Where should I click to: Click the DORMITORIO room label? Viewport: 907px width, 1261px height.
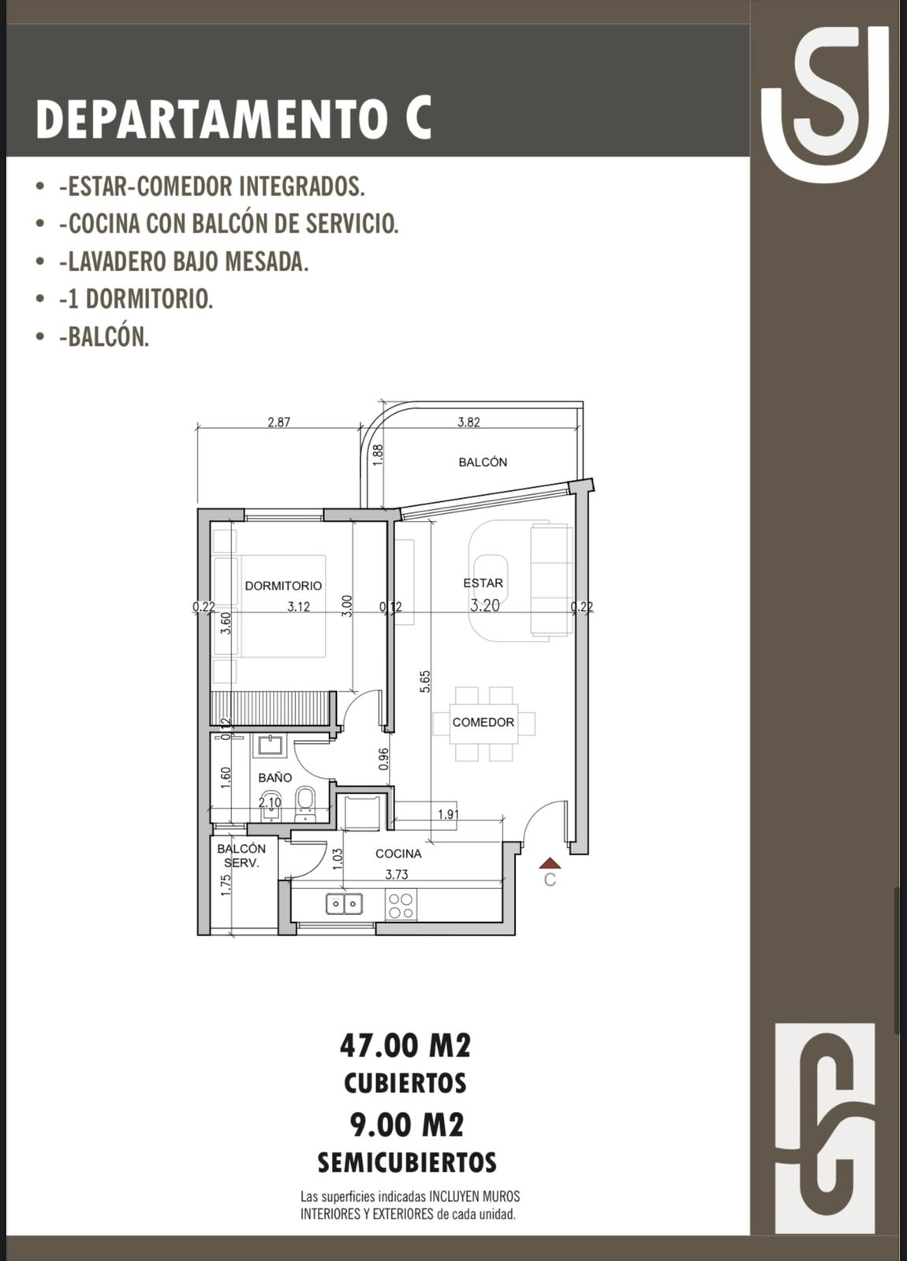[283, 586]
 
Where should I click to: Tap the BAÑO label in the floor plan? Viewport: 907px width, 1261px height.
[275, 777]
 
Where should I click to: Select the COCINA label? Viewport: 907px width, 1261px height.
[398, 854]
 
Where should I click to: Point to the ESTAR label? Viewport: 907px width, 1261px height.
[483, 583]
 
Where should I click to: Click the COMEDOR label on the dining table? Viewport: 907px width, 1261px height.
[483, 722]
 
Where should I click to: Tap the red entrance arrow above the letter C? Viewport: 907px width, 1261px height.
[549, 863]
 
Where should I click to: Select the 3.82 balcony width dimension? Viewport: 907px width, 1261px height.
[468, 422]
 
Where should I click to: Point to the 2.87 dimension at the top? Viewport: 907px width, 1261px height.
[279, 422]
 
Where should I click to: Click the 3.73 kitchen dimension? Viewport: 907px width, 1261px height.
[397, 874]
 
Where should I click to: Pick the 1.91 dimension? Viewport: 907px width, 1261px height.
[449, 814]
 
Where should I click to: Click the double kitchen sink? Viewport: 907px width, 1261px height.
[344, 904]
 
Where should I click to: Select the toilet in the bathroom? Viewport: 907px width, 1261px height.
[304, 804]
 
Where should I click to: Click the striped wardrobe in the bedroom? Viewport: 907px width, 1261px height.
[269, 709]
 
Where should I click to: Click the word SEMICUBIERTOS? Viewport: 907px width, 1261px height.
[407, 1162]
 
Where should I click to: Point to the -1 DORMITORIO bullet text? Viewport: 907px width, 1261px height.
[136, 299]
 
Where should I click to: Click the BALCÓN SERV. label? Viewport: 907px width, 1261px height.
[241, 855]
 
